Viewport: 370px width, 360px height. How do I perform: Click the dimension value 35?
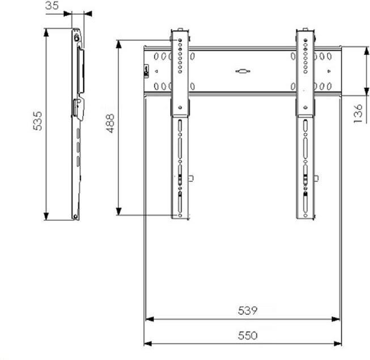tap(53, 6)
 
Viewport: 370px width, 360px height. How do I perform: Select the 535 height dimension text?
tap(37, 121)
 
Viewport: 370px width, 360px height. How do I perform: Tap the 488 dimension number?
tap(110, 123)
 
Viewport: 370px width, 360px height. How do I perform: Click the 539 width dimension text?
tap(248, 311)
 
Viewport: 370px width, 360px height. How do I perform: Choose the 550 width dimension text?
tap(248, 335)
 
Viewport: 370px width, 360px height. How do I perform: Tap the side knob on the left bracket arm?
tap(191, 178)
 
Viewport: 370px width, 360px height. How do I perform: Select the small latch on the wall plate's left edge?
tap(145, 71)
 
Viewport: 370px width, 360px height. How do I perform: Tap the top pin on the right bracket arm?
tap(305, 30)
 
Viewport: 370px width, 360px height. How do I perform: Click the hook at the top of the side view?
tap(76, 36)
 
